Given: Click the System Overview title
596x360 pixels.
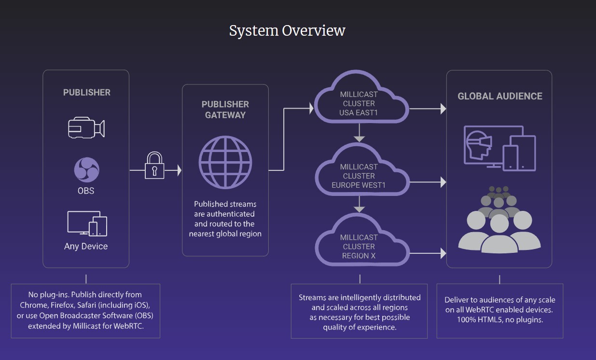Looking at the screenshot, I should pyautogui.click(x=287, y=31).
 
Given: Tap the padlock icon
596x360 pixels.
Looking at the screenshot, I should pyautogui.click(x=154, y=166).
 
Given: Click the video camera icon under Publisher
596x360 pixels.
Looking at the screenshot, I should pyautogui.click(x=86, y=127).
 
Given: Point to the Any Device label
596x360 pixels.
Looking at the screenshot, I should pyautogui.click(x=86, y=246).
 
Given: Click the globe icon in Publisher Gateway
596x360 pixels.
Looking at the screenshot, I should pyautogui.click(x=225, y=162).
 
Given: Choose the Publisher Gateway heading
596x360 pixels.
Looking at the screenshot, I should pyautogui.click(x=225, y=110).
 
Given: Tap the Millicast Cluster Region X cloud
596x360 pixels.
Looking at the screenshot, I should pyautogui.click(x=359, y=247).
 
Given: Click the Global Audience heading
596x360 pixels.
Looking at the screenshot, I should pyautogui.click(x=500, y=96).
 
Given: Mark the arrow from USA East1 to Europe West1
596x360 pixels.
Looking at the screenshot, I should pyautogui.click(x=359, y=134).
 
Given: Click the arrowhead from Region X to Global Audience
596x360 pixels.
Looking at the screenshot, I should pyautogui.click(x=443, y=252).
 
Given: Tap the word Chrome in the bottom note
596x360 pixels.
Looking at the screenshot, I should pyautogui.click(x=31, y=305).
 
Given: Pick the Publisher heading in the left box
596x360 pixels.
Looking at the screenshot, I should pyautogui.click(x=87, y=92).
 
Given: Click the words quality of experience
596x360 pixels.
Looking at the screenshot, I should pyautogui.click(x=360, y=328).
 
